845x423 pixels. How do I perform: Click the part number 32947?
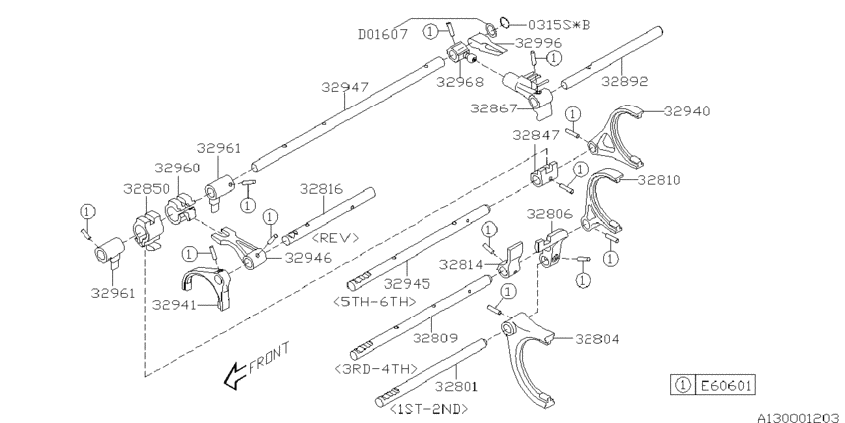345,88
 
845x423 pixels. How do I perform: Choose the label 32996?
539,43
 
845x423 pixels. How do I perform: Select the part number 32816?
322,187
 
